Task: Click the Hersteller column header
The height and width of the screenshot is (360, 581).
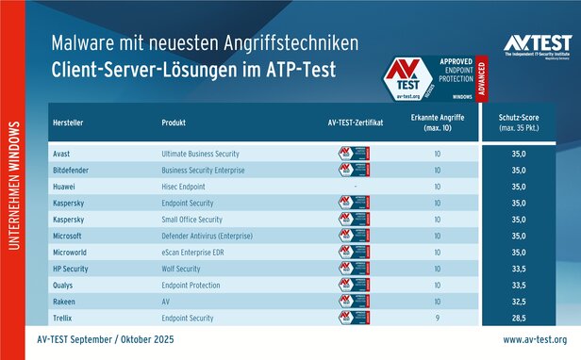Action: point(68,123)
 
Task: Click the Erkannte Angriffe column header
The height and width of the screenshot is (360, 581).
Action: point(437,123)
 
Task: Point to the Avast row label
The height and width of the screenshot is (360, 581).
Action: point(60,153)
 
